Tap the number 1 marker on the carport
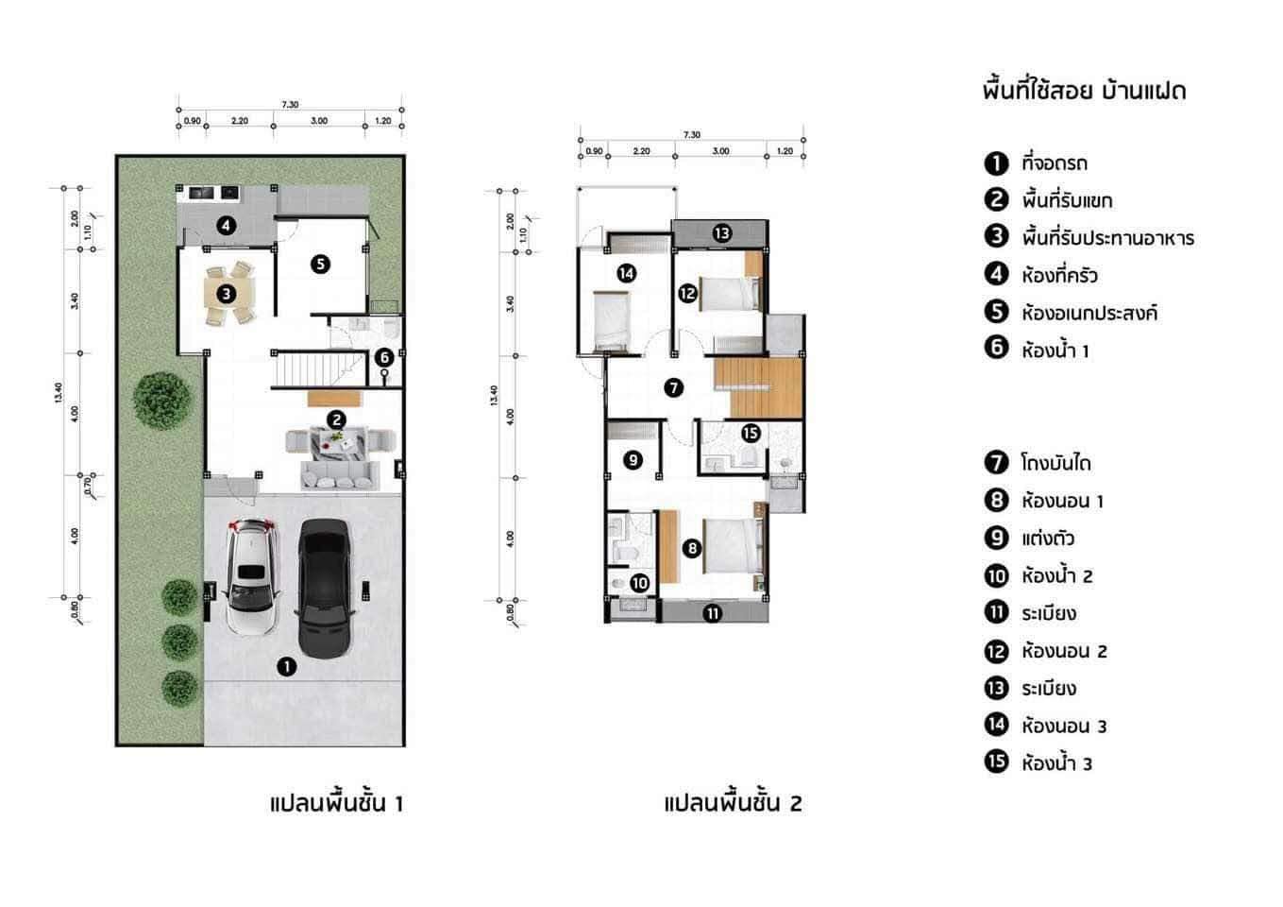click(x=287, y=667)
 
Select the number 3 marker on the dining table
click(x=227, y=293)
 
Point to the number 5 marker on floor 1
click(x=321, y=265)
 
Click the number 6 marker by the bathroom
click(x=383, y=357)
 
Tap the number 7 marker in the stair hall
click(x=672, y=387)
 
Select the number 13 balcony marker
click(x=721, y=232)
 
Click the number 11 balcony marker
click(x=713, y=613)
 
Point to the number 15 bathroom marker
click(x=751, y=434)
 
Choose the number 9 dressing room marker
click(x=633, y=460)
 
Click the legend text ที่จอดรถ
click(x=1054, y=163)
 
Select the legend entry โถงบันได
click(x=1055, y=464)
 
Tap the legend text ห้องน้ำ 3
click(x=1056, y=763)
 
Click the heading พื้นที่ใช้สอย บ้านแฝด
click(x=1084, y=92)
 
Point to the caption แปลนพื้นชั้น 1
click(x=336, y=804)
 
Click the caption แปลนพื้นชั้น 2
click(x=733, y=804)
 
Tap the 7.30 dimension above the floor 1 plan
click(x=290, y=105)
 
